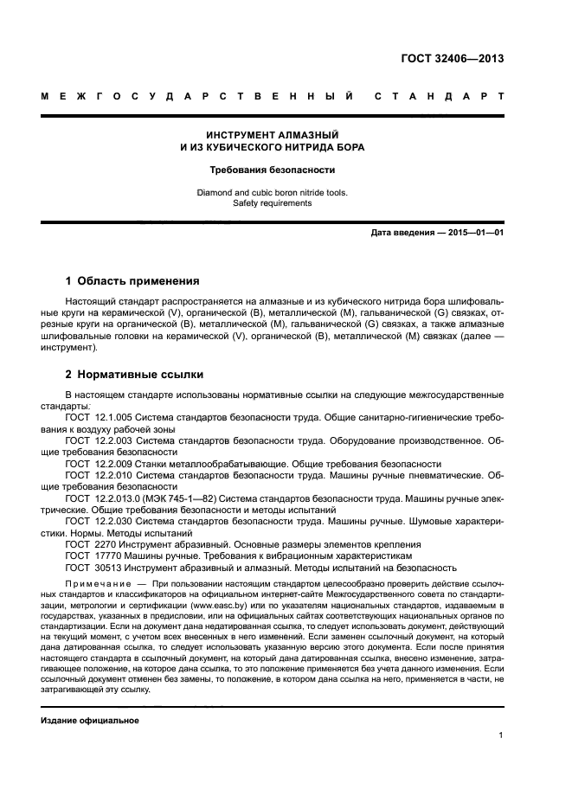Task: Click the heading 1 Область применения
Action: tap(133, 281)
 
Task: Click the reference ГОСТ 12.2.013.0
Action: tap(102, 498)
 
